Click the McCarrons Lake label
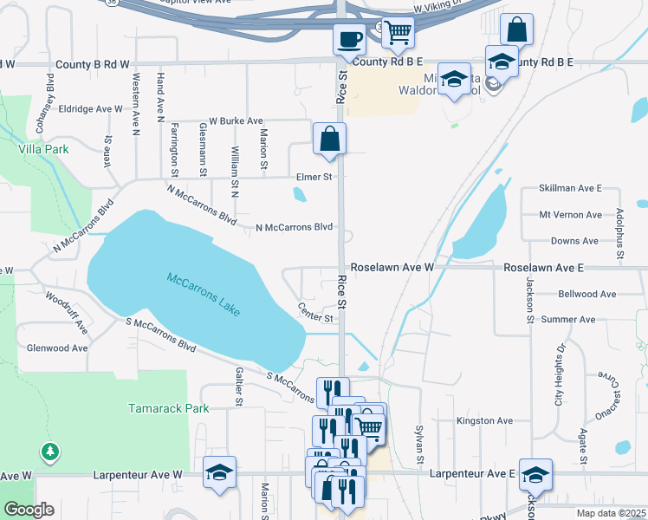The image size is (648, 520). [x=204, y=295]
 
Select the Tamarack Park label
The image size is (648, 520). [x=157, y=407]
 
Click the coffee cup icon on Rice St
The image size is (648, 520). [x=350, y=39]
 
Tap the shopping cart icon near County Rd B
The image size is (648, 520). [x=398, y=32]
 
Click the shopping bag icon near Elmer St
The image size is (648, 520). [x=329, y=138]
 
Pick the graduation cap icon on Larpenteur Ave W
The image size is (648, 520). [x=220, y=472]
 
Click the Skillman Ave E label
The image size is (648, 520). [x=570, y=188]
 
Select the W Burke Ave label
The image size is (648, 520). [x=236, y=121]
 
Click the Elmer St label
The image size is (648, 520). [x=314, y=177]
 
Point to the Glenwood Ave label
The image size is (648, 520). [x=58, y=348]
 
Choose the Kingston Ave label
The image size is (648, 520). [x=485, y=420]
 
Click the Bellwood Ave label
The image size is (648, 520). [x=587, y=295]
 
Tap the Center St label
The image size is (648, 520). [x=315, y=311]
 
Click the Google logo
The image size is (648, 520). [x=29, y=510]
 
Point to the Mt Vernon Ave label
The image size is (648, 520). [x=570, y=215]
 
